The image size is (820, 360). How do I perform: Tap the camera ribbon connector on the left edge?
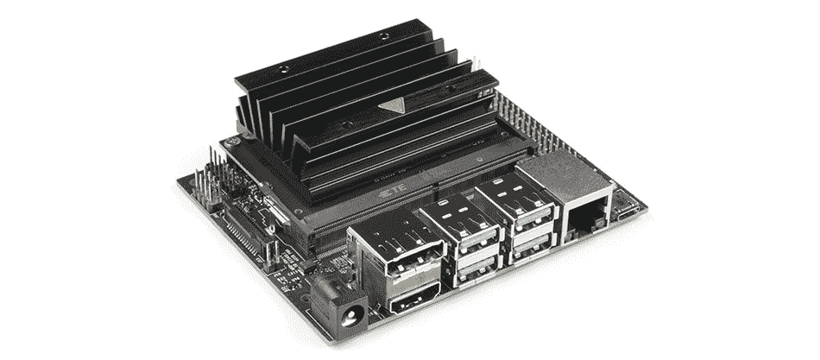point(244,230)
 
